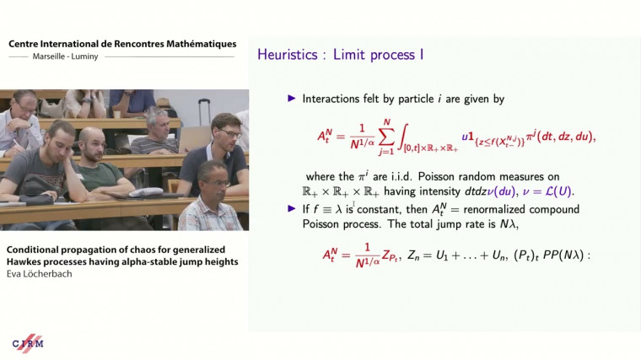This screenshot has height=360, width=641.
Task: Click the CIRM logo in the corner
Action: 28,343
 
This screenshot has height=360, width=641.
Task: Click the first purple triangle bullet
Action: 293,99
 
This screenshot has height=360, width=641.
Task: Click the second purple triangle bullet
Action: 293,207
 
